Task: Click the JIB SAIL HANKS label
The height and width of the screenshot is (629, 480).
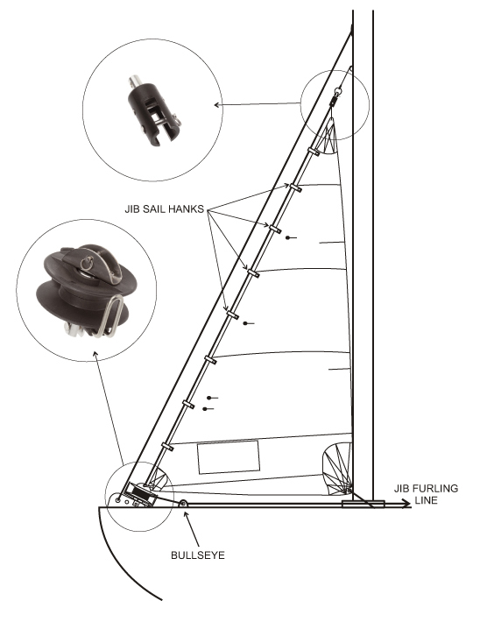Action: coord(165,209)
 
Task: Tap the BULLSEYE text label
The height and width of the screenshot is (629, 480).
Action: coord(198,555)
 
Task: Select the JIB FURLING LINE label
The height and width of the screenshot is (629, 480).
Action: coord(426,494)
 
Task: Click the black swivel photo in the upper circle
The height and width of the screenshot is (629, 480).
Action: coord(153,110)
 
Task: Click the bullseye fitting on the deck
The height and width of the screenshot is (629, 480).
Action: coord(183,504)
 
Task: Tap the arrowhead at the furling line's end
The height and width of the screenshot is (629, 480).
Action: coord(406,504)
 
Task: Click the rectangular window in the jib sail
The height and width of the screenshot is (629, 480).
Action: coord(228,456)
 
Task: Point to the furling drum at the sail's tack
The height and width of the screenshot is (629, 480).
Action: coord(139,494)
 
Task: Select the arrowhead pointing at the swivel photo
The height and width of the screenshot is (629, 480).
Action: coord(217,105)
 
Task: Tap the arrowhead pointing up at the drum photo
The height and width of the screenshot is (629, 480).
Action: coord(95,354)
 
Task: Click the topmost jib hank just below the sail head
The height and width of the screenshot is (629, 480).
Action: coord(314,152)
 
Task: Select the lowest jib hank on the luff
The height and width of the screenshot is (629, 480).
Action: coord(167,447)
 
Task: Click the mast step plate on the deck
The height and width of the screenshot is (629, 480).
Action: coord(363,505)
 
